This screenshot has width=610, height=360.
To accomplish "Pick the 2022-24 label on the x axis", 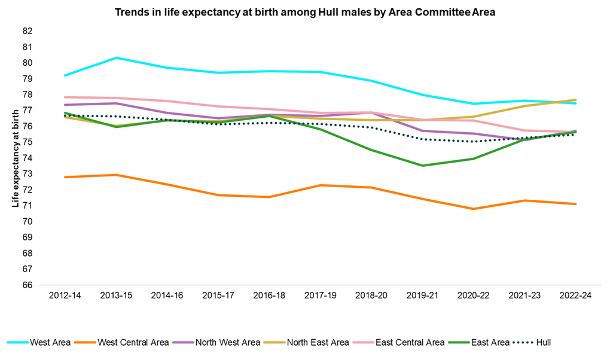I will point(575,296).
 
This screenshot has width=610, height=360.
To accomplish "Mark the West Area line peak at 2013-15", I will point(115,57).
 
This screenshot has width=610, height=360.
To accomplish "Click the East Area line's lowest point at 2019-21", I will point(422,166).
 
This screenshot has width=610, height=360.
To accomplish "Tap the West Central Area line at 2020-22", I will point(473,209).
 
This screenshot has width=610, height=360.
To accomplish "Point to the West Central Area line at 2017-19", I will point(320,185).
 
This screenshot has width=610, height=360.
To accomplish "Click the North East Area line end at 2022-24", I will point(575,100).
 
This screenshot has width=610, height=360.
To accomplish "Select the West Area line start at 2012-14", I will point(65,75).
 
